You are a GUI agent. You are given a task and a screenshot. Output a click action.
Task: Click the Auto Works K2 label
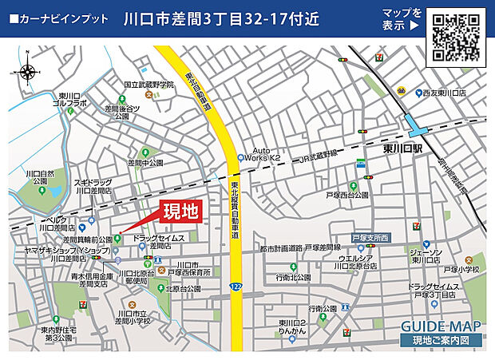pyautogui.click(x=267, y=154)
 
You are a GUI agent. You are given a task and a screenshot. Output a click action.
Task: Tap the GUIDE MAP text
pyautogui.click(x=441, y=326)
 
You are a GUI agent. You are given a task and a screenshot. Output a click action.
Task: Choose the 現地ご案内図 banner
pyautogui.click(x=441, y=341)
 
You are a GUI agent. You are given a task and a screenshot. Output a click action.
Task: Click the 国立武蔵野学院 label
pyautogui.click(x=149, y=85)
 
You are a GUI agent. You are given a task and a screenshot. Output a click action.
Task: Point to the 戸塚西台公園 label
pyautogui.click(x=347, y=195)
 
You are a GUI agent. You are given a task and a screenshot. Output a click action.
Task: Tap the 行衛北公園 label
pyautogui.click(x=292, y=277)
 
